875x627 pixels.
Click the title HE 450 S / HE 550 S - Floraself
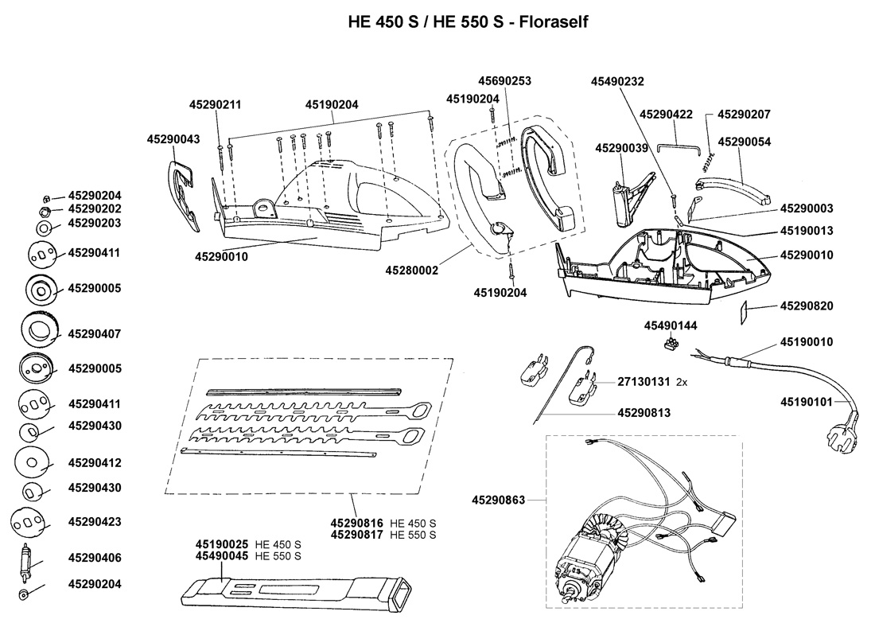point(467,21)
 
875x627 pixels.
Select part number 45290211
point(215,104)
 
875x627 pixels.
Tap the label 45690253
point(504,81)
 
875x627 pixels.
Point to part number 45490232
point(617,81)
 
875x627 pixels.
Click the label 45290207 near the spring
point(744,115)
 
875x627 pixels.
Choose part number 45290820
point(807,306)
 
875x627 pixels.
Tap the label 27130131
point(644,382)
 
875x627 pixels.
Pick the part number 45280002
point(412,271)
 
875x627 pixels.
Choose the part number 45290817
point(357,535)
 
